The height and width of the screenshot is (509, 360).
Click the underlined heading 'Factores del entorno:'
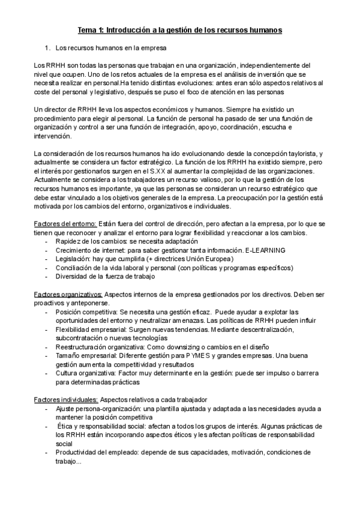(64, 224)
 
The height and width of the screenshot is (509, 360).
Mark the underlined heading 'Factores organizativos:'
(68, 295)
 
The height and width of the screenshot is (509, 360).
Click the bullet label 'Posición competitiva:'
(86, 312)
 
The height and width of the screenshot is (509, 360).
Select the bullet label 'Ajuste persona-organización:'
(97, 409)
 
